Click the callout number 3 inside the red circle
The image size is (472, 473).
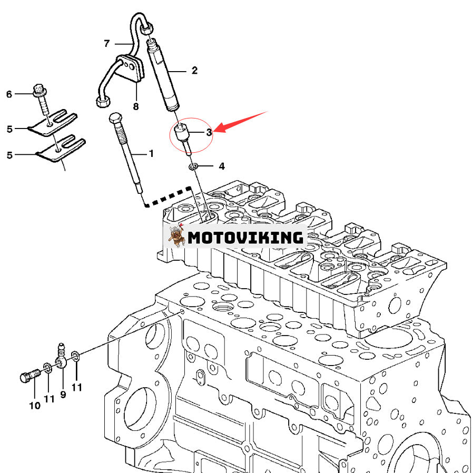[209, 132]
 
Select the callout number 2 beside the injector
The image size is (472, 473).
[194, 71]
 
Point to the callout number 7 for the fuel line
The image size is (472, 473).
[106, 43]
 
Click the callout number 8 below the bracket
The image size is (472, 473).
[136, 106]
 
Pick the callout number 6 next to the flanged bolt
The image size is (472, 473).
[9, 94]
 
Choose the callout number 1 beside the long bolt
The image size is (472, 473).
[151, 154]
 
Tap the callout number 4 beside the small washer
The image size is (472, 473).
[222, 166]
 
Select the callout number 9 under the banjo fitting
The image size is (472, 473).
[63, 394]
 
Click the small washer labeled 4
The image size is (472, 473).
[194, 167]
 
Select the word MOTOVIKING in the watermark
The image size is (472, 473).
[246, 237]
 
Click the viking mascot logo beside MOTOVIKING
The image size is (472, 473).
[175, 236]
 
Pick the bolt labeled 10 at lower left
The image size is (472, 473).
[27, 376]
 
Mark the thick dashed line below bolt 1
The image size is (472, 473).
[169, 197]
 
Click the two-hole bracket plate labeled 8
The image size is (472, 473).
[130, 70]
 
